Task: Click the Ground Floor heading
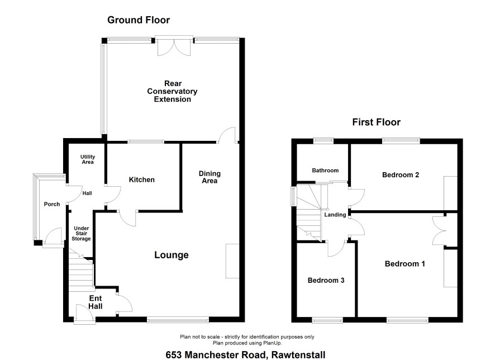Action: pyautogui.click(x=139, y=20)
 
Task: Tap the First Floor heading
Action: pyautogui.click(x=377, y=122)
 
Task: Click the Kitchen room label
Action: pyautogui.click(x=142, y=179)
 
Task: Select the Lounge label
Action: pyautogui.click(x=172, y=255)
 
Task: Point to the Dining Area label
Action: pyautogui.click(x=210, y=177)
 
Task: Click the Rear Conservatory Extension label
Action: pyautogui.click(x=173, y=91)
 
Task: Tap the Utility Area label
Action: pyautogui.click(x=88, y=159)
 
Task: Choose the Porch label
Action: pyautogui.click(x=52, y=204)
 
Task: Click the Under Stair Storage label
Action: pyautogui.click(x=81, y=233)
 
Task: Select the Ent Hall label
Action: pyautogui.click(x=96, y=302)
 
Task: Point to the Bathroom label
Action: pyautogui.click(x=325, y=170)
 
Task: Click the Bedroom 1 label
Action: pyautogui.click(x=404, y=264)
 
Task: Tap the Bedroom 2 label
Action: pyautogui.click(x=401, y=174)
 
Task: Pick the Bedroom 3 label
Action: pyautogui.click(x=326, y=280)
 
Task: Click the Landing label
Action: pyautogui.click(x=335, y=215)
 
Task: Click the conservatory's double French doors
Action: pyautogui.click(x=174, y=47)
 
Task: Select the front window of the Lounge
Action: pyautogui.click(x=178, y=320)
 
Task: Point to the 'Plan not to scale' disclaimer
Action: pyautogui.click(x=247, y=337)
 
